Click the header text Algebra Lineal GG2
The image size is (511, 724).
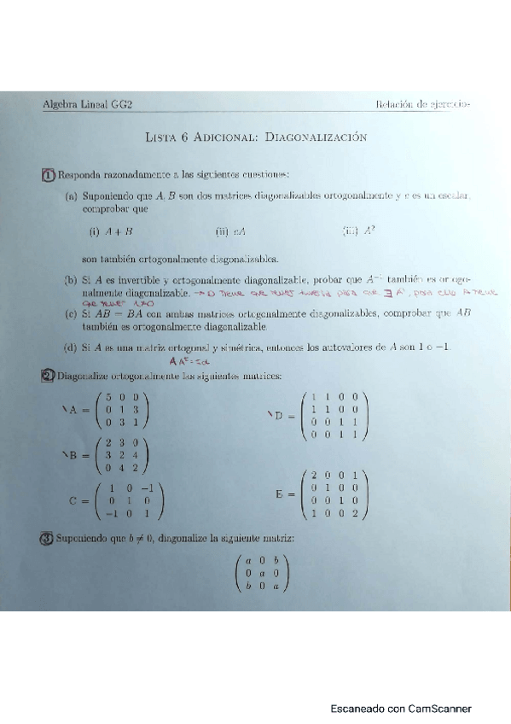pos(81,104)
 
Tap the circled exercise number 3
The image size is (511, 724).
pos(49,539)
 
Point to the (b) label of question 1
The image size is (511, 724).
pos(70,279)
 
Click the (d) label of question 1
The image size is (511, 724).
pos(70,347)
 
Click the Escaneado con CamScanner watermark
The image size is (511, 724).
pos(401,708)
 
